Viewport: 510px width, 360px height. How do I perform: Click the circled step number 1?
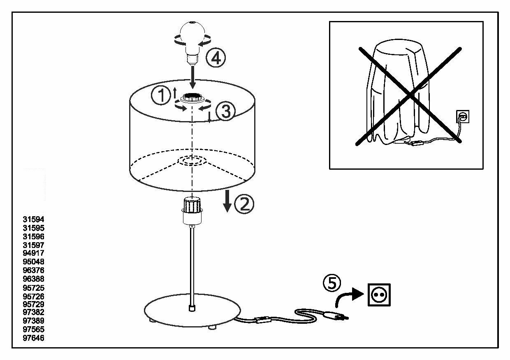click(160, 96)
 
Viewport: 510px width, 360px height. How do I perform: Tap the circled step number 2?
click(244, 203)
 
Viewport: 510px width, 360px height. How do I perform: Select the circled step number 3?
click(225, 112)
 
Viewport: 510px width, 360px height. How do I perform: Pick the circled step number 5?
click(332, 283)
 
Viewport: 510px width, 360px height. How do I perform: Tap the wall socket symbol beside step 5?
click(379, 295)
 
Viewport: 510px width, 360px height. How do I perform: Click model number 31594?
click(33, 220)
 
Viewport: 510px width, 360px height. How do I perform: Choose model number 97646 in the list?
click(33, 338)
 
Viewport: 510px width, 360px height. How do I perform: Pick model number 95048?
click(33, 262)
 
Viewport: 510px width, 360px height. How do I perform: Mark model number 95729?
click(33, 304)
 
